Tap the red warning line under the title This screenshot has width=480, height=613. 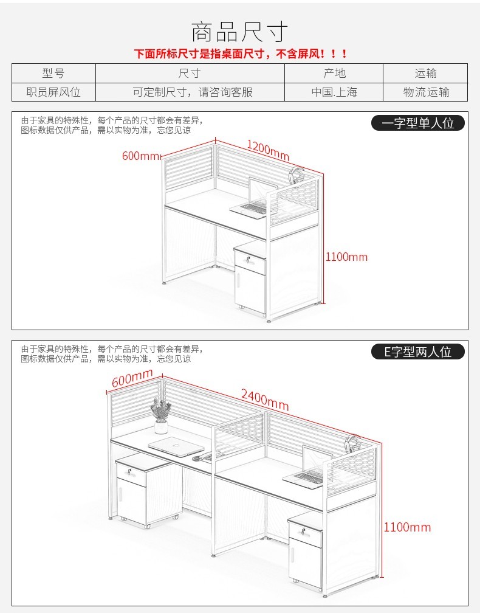point(241,54)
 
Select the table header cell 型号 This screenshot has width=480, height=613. point(53,73)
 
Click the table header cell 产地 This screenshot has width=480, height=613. point(334,73)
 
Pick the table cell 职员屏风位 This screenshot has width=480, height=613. point(53,92)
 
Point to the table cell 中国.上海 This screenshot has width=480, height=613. point(334,92)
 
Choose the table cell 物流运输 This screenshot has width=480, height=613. point(426,92)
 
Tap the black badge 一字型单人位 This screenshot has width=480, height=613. point(418,123)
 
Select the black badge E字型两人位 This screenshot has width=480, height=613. point(418,352)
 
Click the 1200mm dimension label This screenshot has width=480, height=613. point(267,147)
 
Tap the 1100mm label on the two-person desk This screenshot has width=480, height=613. point(407,527)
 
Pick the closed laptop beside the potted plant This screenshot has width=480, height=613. point(176,448)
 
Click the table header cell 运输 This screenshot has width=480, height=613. point(426,73)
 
